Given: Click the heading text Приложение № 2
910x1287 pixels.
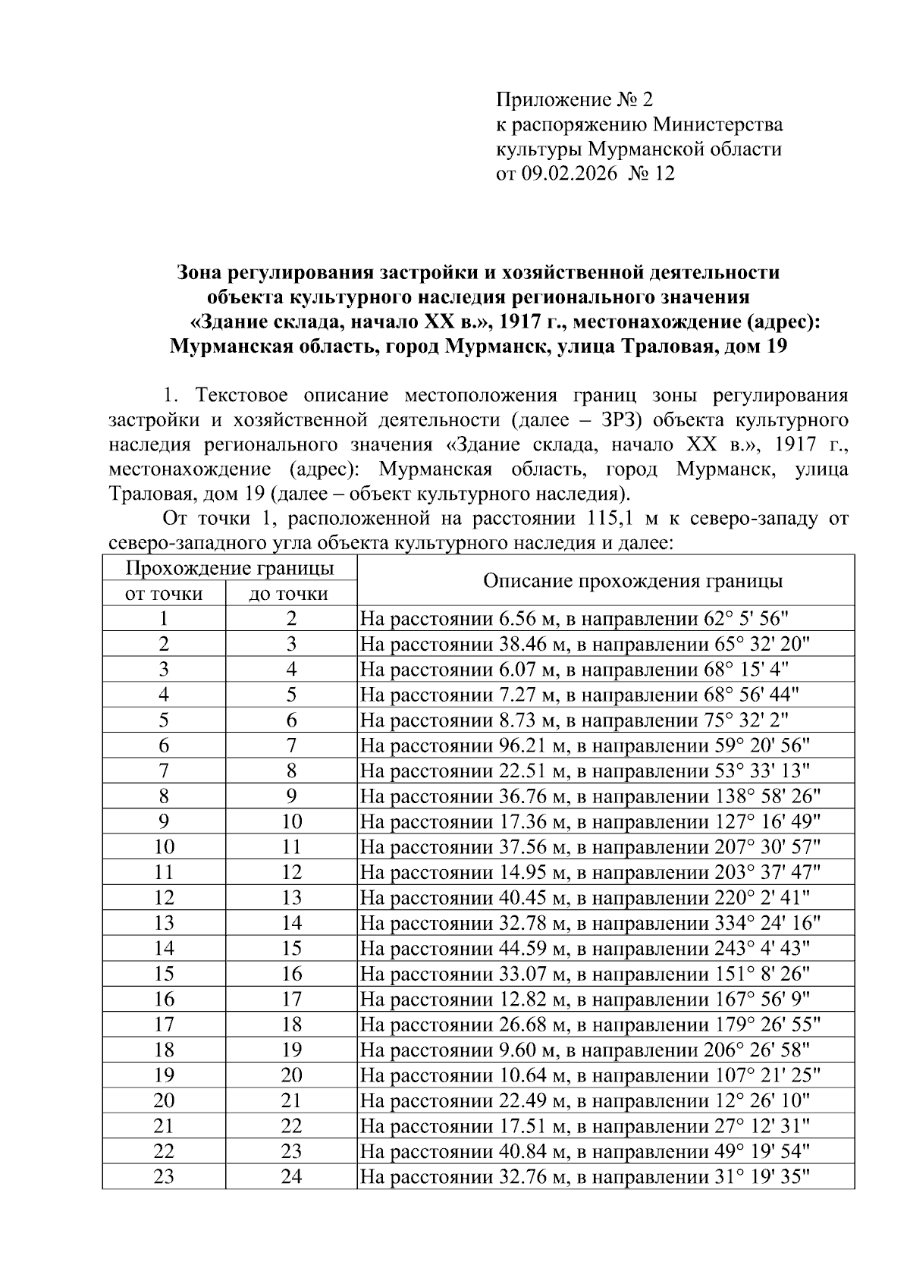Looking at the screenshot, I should coord(573,99).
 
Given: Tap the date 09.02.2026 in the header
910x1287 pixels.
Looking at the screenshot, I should coord(569,174).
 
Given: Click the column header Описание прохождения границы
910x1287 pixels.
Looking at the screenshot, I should coord(632,581).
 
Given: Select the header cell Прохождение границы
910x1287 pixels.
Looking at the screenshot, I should coord(229,568).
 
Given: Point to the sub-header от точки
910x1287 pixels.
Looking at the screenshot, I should coord(164,593).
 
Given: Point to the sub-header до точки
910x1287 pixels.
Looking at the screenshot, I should coord(291,593).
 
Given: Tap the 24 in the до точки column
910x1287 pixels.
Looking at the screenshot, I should coord(291,1176).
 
